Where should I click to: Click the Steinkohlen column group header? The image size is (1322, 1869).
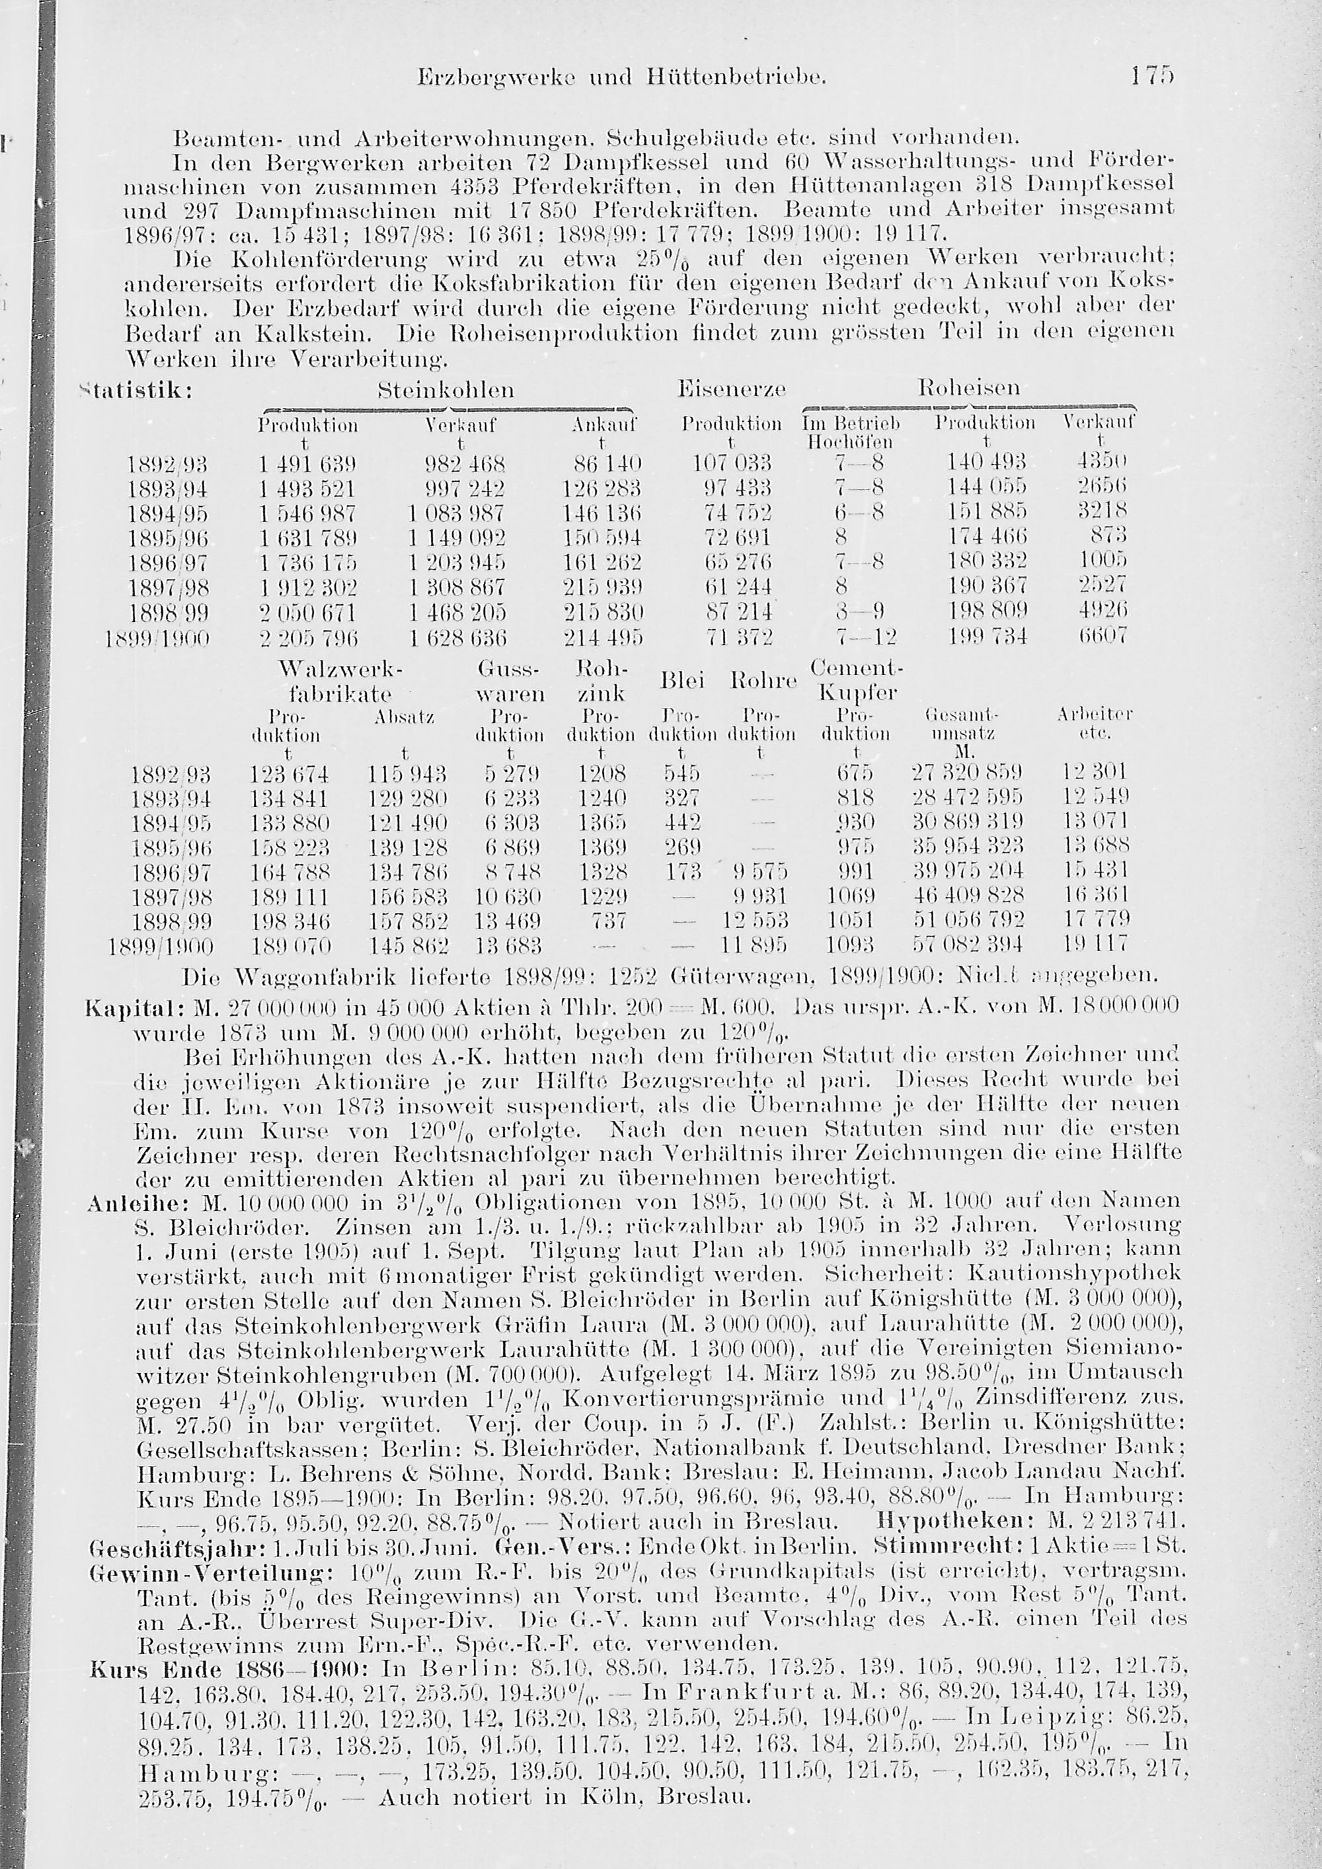(x=446, y=390)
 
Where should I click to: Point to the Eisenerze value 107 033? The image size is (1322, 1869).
(x=731, y=465)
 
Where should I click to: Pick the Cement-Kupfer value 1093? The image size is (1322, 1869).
(x=850, y=946)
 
